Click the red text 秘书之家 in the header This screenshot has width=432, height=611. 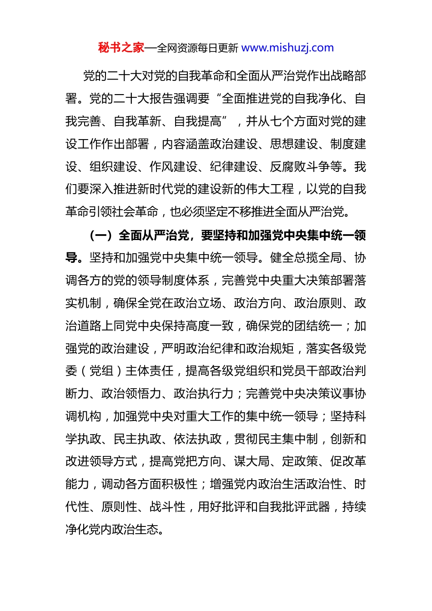pos(121,48)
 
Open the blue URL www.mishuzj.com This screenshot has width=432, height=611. pos(287,48)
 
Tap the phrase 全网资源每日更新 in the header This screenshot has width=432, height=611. pos(197,48)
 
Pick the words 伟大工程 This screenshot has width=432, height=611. pos(270,189)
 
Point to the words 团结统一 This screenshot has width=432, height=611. pos(318,326)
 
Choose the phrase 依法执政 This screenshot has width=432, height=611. pos(197,439)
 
